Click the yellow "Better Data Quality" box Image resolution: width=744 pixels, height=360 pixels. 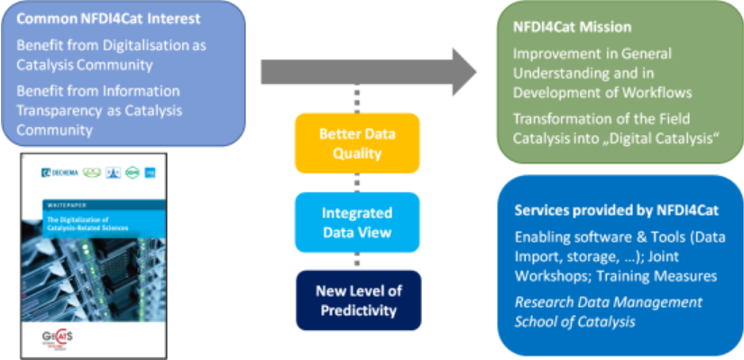coord(357,143)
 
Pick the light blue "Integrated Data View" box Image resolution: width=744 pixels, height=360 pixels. coord(357,222)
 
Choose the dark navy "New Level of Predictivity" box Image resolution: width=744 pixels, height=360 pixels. coord(357,300)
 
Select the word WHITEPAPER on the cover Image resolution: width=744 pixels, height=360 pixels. coord(69,206)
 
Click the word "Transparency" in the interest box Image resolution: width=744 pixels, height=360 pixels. coord(63,111)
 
